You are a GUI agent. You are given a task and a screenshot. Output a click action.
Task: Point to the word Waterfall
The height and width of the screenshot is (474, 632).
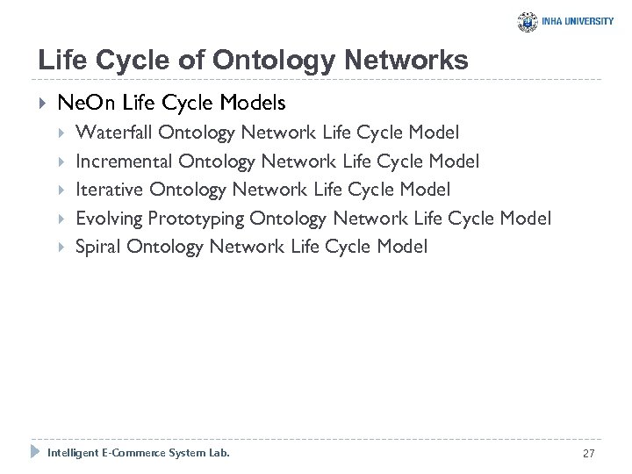pos(114,133)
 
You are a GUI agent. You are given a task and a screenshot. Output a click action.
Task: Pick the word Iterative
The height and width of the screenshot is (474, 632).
pos(110,190)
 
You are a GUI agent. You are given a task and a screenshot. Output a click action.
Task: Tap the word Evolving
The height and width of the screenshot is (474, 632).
pos(109,218)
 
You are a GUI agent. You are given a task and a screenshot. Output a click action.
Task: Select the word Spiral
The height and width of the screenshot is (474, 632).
pos(98,247)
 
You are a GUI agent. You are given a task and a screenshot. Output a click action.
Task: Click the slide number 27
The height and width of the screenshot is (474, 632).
pos(588,453)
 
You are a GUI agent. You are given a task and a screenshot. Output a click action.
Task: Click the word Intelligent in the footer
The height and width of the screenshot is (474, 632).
pos(70,453)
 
